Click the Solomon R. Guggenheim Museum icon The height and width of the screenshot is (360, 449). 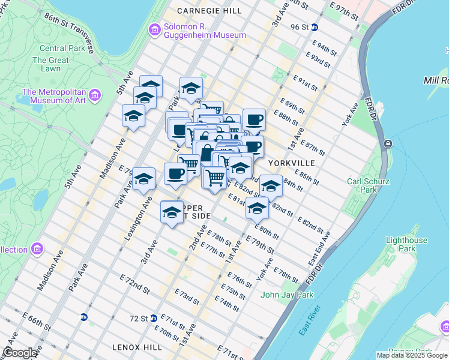click(155, 28)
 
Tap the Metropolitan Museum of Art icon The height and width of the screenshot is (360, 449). click(94, 94)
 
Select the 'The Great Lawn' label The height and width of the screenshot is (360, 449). click(50, 64)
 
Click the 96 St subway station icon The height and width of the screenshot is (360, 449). click(322, 27)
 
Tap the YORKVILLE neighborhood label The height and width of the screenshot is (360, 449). click(291, 163)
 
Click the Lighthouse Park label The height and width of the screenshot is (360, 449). click(406, 244)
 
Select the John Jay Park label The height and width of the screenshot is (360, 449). click(287, 295)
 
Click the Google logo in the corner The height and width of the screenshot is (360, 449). click(20, 353)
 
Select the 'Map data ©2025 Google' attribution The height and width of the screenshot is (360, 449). click(412, 355)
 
